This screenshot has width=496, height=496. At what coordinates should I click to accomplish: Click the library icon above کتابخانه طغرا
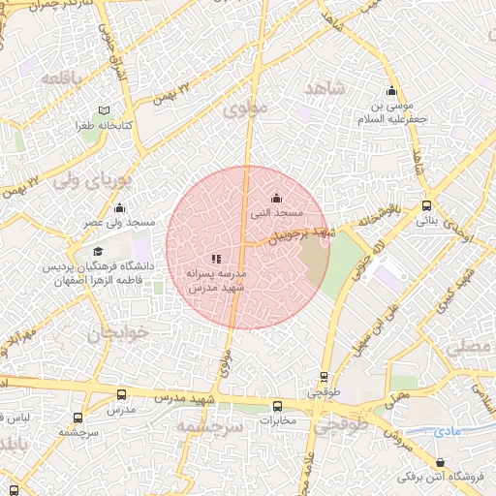(105, 110)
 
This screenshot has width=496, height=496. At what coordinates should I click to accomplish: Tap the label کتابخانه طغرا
(105, 126)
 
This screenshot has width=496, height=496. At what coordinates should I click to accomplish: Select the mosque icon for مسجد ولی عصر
(120, 207)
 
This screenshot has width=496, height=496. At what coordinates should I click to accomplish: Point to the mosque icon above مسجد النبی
(278, 197)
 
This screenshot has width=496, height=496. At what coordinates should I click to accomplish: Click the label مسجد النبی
(278, 211)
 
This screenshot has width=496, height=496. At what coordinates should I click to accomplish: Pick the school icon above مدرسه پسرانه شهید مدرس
(216, 259)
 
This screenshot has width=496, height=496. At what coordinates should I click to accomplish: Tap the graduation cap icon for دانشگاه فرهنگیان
(98, 252)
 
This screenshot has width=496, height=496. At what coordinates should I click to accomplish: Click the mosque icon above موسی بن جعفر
(392, 91)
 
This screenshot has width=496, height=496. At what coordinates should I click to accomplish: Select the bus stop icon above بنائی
(427, 205)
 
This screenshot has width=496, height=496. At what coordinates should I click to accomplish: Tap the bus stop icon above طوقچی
(323, 378)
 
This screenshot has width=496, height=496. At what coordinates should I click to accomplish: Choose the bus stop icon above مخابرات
(278, 407)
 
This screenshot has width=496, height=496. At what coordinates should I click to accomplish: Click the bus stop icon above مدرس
(121, 394)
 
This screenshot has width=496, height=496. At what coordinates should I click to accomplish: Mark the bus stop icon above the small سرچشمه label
(77, 418)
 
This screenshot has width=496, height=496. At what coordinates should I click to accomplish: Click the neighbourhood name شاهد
(325, 89)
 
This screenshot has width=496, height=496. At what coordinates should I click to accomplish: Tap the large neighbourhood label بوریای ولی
(90, 180)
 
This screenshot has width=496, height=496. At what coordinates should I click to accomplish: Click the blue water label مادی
(448, 429)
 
